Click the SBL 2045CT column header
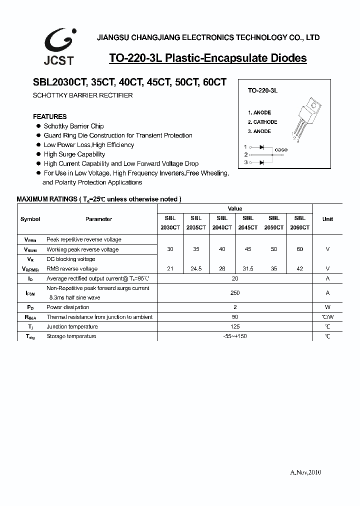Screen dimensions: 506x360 point(248,222)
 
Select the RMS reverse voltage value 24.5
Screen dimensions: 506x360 point(196,268)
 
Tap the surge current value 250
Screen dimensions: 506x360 point(235,293)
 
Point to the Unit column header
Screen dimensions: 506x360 point(327,219)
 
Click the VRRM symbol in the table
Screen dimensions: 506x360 point(30,240)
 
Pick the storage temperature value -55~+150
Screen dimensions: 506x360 point(235,336)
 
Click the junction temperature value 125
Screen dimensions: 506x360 point(235,326)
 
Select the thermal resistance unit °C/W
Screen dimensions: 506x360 point(327,317)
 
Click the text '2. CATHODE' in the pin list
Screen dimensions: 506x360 point(262,122)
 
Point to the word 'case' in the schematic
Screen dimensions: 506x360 point(281,149)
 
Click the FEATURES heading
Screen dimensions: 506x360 point(49,116)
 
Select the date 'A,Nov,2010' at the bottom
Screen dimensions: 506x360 point(305,472)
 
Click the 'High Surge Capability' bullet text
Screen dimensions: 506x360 point(74,154)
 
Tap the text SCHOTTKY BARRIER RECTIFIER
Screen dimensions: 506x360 point(82,95)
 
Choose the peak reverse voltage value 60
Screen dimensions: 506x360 point(300,249)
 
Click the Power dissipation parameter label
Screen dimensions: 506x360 point(68,307)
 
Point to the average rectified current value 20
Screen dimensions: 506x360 point(235,278)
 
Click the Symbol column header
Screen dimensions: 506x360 point(30,219)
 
